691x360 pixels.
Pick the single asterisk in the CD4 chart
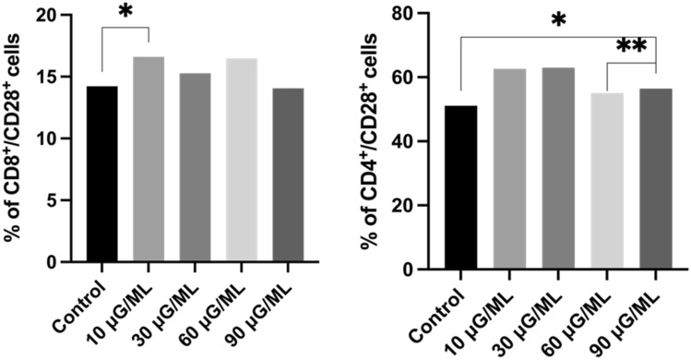coord(558,20)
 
